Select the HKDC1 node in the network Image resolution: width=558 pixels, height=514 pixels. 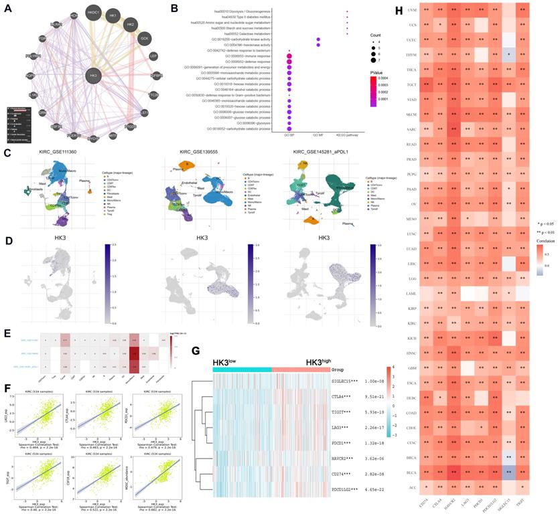tap(93, 13)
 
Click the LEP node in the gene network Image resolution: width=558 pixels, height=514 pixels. tap(153, 57)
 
